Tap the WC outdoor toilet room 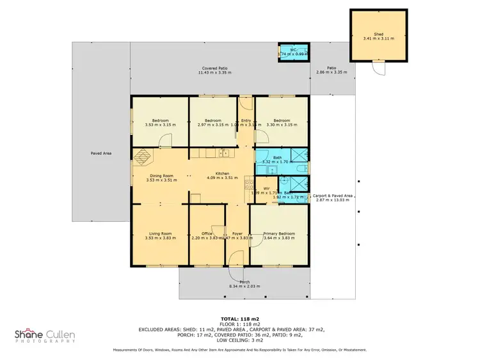[x=293, y=52]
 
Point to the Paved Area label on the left [x=102, y=153]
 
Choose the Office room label [x=207, y=234]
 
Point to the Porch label [x=244, y=284]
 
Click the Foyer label [x=237, y=234]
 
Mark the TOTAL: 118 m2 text [x=239, y=318]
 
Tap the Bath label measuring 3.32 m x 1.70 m [x=276, y=160]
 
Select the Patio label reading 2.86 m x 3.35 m [x=332, y=70]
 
